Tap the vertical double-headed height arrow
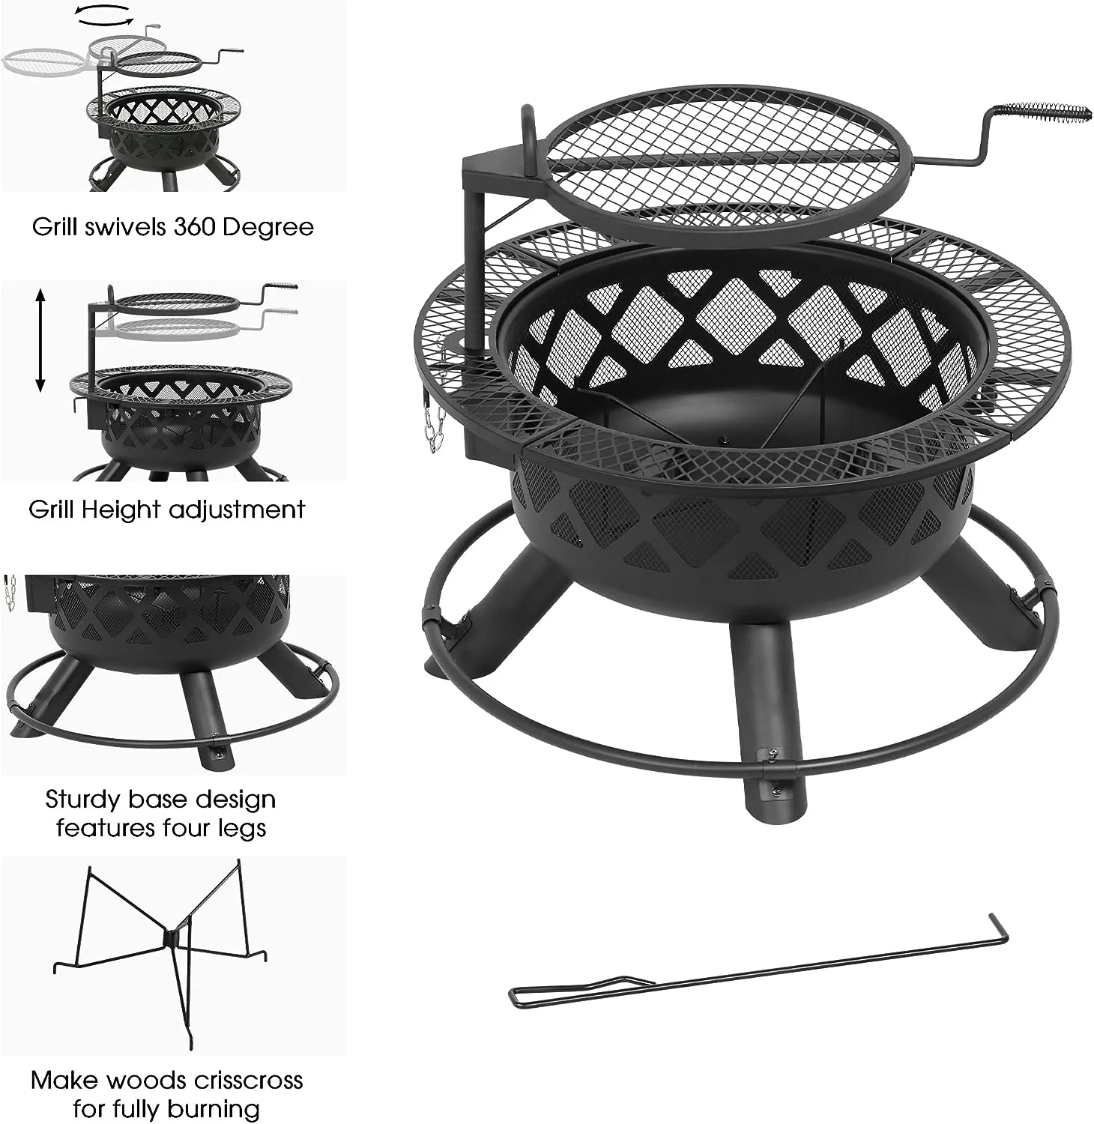pos(40,340)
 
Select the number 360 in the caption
pos(197,226)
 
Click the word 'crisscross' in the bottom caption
pos(247,1080)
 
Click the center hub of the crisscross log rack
pos(171,937)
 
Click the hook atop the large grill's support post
pos(528,124)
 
